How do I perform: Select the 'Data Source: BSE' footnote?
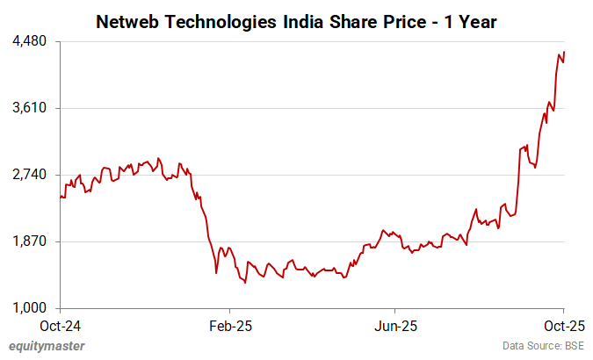pos(542,346)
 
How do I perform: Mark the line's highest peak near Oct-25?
pos(564,52)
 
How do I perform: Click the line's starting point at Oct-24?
pos(61,197)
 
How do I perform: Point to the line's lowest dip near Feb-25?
pos(245,283)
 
